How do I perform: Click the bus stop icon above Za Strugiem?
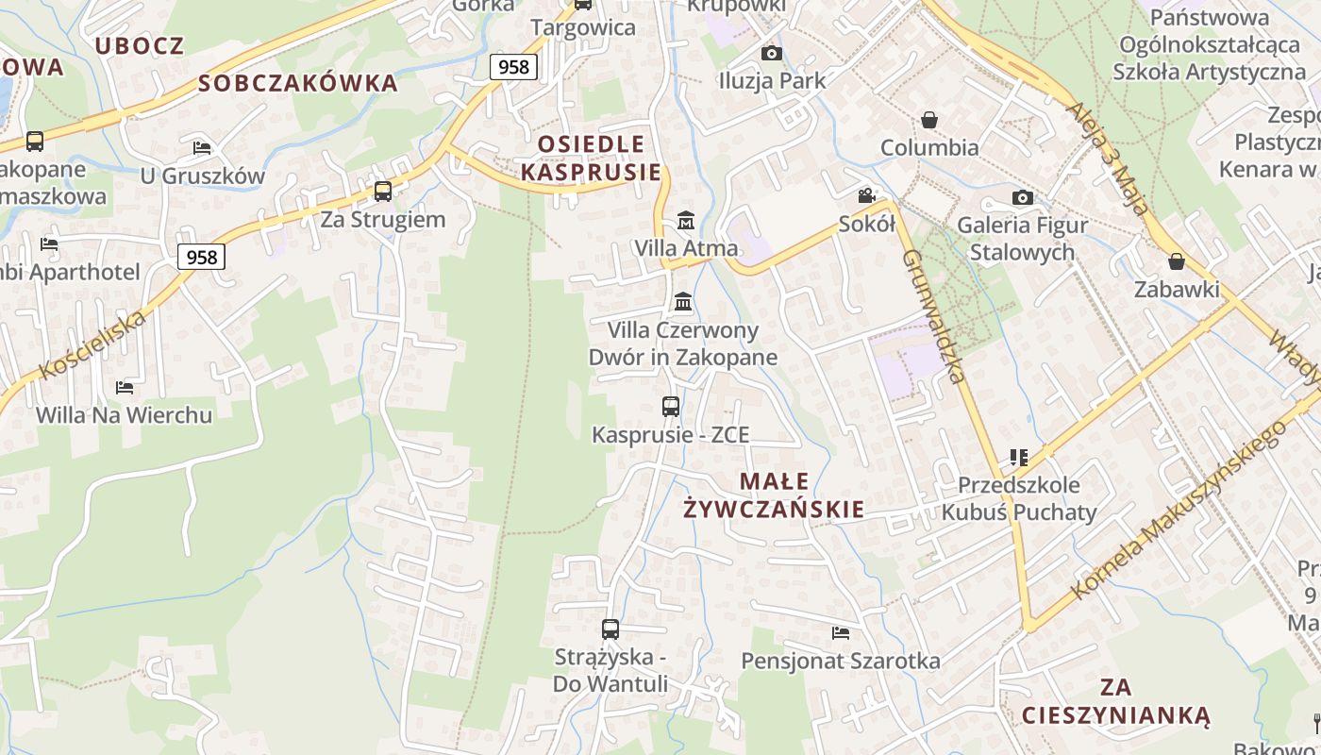pyautogui.click(x=383, y=192)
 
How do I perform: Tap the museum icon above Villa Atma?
pyautogui.click(x=686, y=221)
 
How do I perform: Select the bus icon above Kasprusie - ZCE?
pyautogui.click(x=671, y=407)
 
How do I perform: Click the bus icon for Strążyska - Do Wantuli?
pyautogui.click(x=610, y=629)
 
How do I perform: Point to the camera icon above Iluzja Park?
pyautogui.click(x=771, y=53)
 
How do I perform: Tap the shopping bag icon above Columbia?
pyautogui.click(x=929, y=120)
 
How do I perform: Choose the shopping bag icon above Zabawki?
pyautogui.click(x=1176, y=261)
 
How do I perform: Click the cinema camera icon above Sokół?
pyautogui.click(x=866, y=196)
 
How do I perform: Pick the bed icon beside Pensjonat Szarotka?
pyautogui.click(x=841, y=632)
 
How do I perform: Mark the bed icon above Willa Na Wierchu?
pyautogui.click(x=124, y=387)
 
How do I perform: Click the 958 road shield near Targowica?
pyautogui.click(x=513, y=66)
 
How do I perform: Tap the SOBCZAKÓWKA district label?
pyautogui.click(x=298, y=83)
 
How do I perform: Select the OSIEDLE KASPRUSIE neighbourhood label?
pyautogui.click(x=592, y=159)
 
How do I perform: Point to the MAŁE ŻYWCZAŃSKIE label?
pyautogui.click(x=774, y=495)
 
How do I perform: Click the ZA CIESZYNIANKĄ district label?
pyautogui.click(x=1115, y=700)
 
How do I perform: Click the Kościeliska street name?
pyautogui.click(x=95, y=344)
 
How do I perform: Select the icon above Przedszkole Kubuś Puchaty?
pyautogui.click(x=1018, y=458)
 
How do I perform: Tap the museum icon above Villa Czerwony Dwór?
pyautogui.click(x=683, y=302)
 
